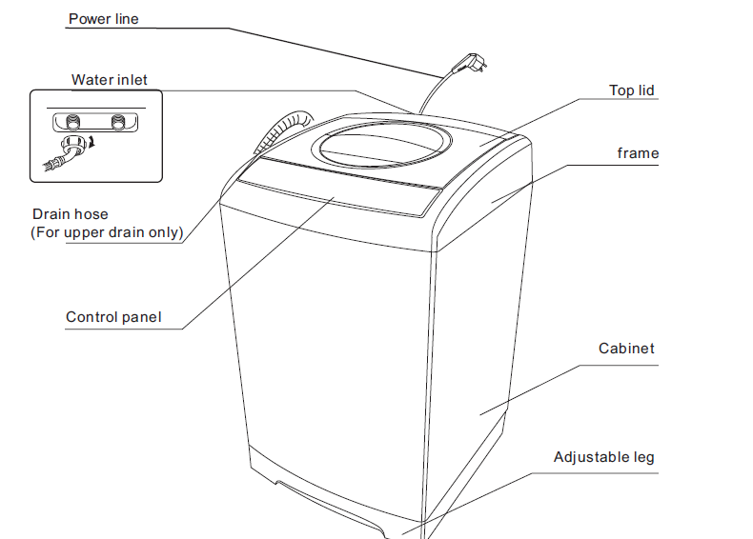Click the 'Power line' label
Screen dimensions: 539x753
[x=103, y=18]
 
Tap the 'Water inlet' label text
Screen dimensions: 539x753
[x=109, y=79]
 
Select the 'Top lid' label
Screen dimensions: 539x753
[x=631, y=90]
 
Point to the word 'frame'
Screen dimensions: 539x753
[x=637, y=152]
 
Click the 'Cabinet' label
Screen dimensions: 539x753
[x=626, y=349]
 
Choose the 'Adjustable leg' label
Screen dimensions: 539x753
[x=603, y=457]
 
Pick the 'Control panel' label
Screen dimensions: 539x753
[x=113, y=317]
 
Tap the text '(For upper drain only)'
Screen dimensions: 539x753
[x=107, y=231]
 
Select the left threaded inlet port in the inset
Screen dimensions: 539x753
[x=70, y=122]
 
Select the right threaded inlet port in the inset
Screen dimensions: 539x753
[x=118, y=122]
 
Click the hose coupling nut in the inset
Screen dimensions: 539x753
[x=69, y=147]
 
